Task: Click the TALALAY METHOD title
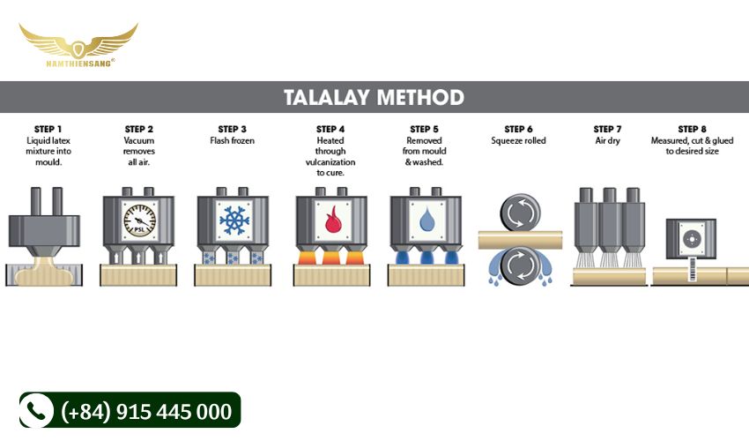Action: click(x=374, y=97)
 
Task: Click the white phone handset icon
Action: click(x=36, y=410)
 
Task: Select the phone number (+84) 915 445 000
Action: click(x=146, y=411)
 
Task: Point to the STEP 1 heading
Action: click(x=48, y=129)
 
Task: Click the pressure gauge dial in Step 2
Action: click(x=139, y=220)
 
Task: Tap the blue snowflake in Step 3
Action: click(x=234, y=220)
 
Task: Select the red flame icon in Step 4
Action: click(x=331, y=220)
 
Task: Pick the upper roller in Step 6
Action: click(x=520, y=213)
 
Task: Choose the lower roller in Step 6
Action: click(x=520, y=265)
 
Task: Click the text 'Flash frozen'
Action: click(x=232, y=140)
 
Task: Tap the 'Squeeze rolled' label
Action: click(x=518, y=140)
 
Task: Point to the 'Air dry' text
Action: click(x=608, y=140)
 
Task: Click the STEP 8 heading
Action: click(x=692, y=129)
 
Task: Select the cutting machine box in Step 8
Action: click(x=691, y=239)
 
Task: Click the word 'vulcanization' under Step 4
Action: click(x=330, y=162)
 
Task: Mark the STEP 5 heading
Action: click(x=424, y=129)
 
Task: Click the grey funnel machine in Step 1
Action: click(x=44, y=222)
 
